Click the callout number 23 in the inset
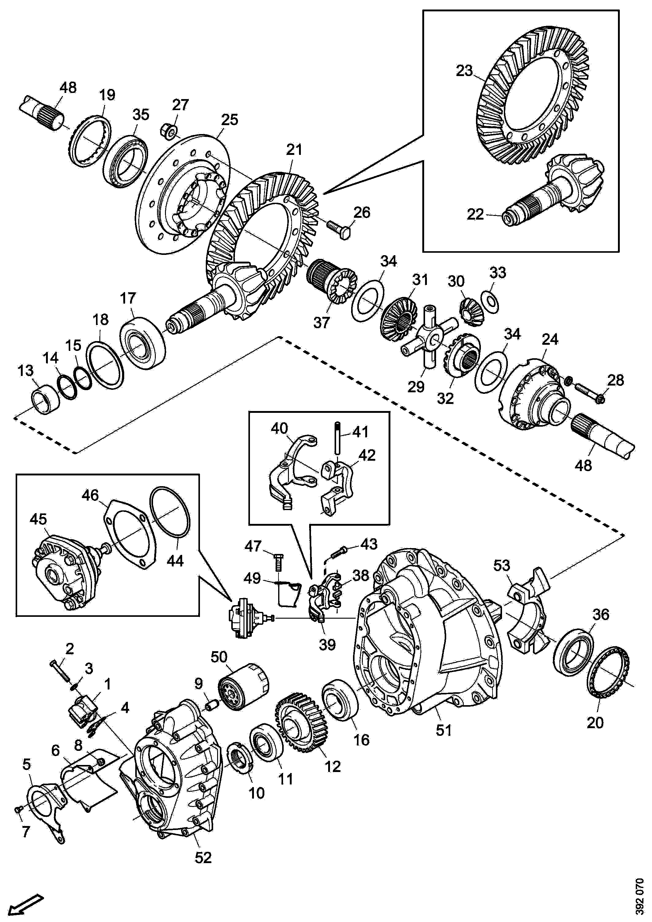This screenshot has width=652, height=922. [x=465, y=71]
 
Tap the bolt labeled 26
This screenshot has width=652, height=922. [x=339, y=229]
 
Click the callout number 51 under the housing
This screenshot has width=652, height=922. [x=444, y=730]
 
